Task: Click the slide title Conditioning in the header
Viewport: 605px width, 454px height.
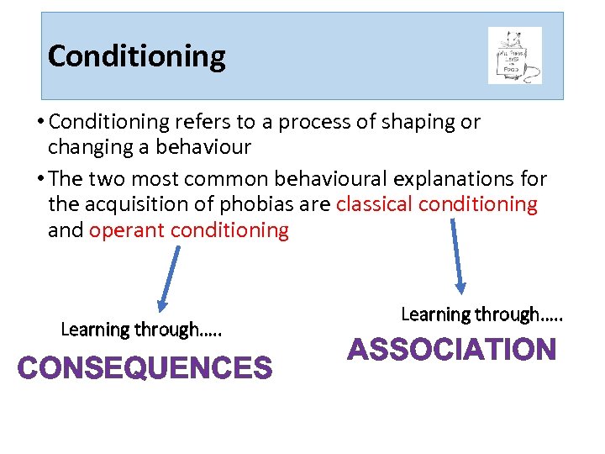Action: click(x=137, y=56)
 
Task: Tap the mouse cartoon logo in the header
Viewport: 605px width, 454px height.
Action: click(x=514, y=55)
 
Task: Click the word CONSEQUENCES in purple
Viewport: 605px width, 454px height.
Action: click(x=145, y=368)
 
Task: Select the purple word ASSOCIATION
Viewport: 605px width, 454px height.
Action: click(x=452, y=350)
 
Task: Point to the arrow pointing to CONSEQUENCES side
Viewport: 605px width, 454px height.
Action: click(x=170, y=278)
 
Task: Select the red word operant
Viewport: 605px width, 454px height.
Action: click(x=124, y=230)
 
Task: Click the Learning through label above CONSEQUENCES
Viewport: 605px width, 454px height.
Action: click(x=141, y=330)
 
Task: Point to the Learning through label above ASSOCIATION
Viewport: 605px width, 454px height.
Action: click(x=481, y=314)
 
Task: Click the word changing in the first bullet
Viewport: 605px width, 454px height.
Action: click(x=83, y=147)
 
